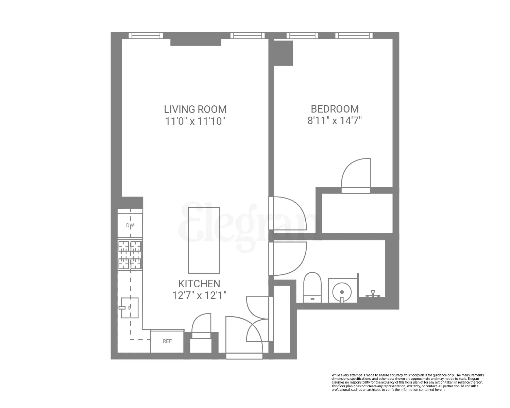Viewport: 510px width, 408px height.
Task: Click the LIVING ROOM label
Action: coord(195,109)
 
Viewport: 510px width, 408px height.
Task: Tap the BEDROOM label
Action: coord(335,109)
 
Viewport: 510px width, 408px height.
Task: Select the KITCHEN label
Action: coord(199,284)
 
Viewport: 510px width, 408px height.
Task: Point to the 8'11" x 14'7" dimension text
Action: coord(335,121)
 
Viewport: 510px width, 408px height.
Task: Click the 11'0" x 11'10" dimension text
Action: coord(195,121)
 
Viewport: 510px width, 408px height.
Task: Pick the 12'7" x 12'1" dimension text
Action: coord(199,295)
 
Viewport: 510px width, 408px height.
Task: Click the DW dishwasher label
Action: coord(130,225)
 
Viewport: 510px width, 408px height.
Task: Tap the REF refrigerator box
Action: coord(167,341)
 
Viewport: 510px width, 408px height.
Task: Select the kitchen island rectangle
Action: coord(204,240)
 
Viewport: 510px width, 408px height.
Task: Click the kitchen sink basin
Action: coord(130,308)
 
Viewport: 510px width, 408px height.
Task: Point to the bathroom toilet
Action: coord(312,287)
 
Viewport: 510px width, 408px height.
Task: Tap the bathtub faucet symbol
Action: coord(373,293)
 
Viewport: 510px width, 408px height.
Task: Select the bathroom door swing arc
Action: coord(289,258)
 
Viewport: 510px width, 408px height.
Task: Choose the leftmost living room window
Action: coord(146,36)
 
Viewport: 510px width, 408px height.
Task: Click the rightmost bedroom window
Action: coord(354,36)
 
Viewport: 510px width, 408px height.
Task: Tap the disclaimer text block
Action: coord(408,382)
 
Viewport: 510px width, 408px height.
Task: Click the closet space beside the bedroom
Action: coord(357,213)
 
